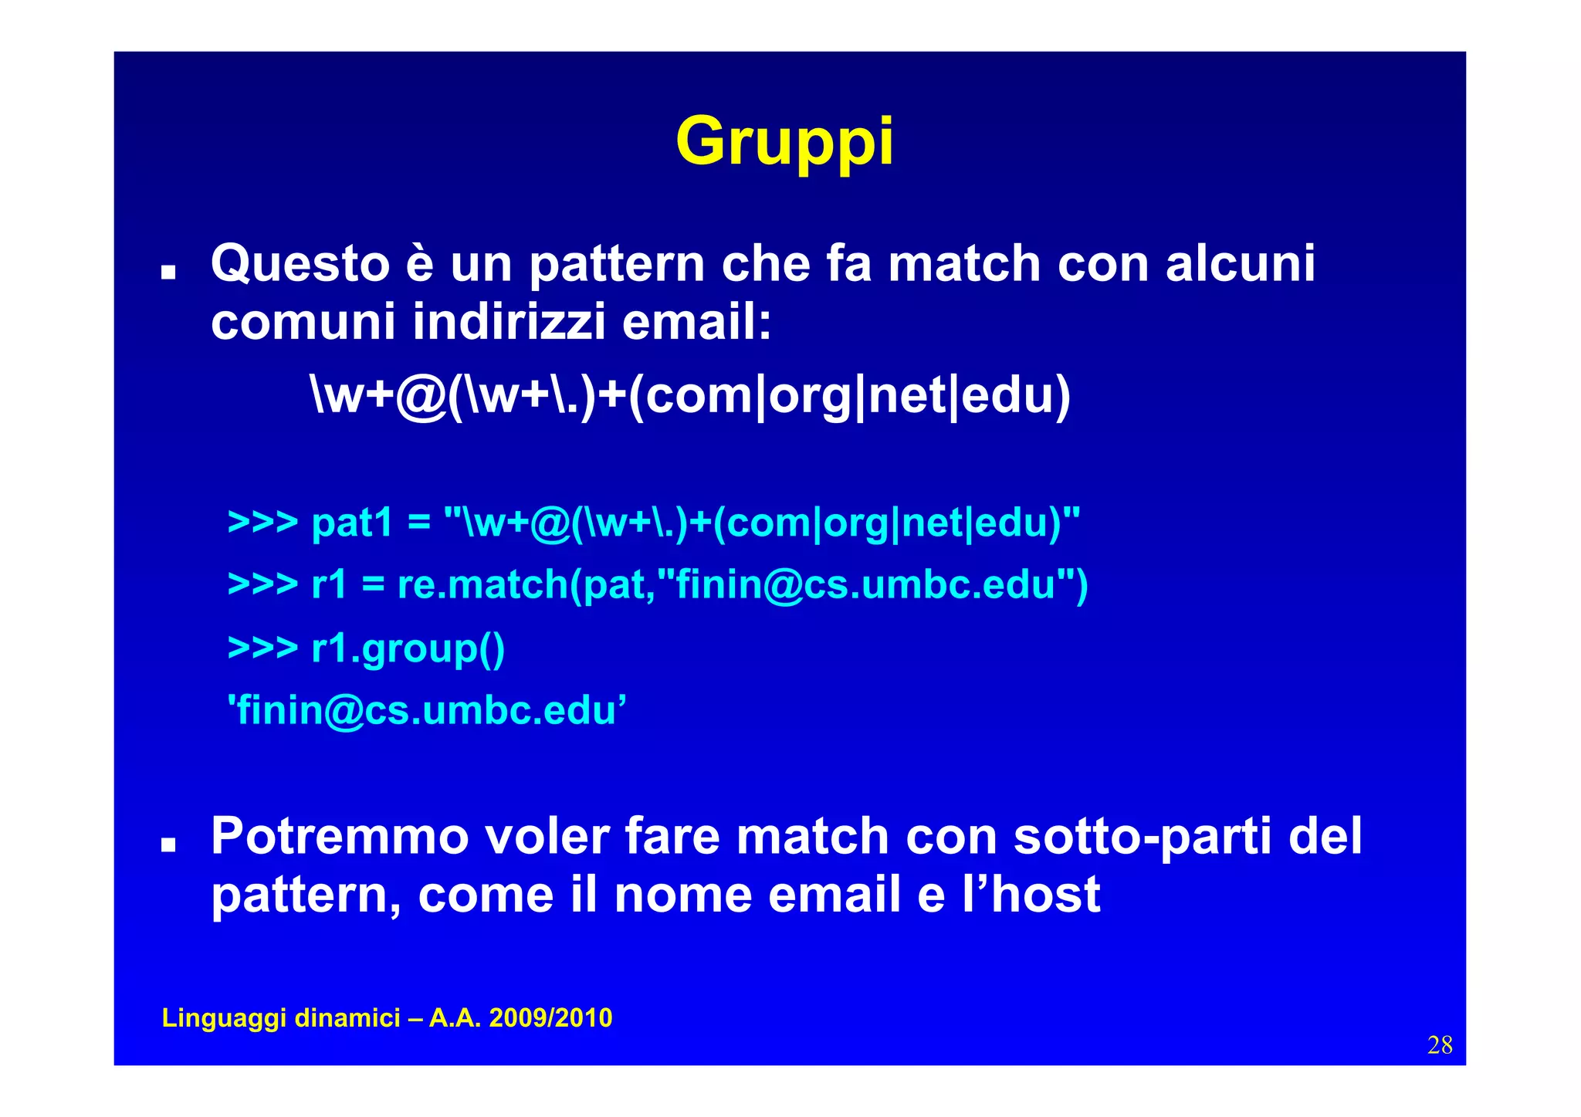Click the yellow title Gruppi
coord(784,142)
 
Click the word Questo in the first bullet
coord(300,264)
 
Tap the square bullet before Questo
coord(168,272)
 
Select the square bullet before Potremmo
coord(168,845)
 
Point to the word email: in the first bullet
coord(696,321)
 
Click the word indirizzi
coord(509,321)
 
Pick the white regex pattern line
coord(690,395)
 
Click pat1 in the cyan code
coord(352,523)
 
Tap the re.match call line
coord(658,584)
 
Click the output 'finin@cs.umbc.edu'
coord(426,709)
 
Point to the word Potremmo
coord(340,836)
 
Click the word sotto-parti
coord(1142,836)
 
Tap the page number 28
coord(1440,1045)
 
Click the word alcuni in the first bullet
coord(1240,264)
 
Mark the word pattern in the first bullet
coord(617,264)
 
